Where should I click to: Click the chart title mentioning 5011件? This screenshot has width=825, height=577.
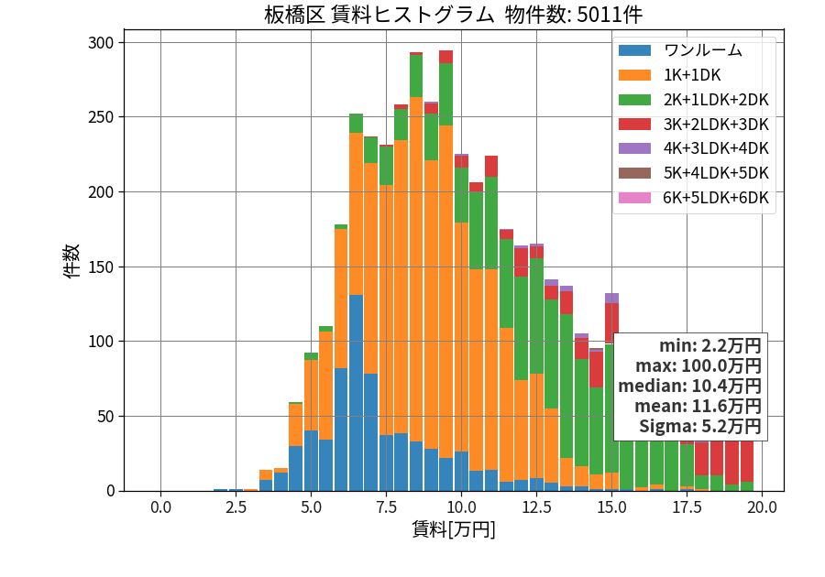[453, 15]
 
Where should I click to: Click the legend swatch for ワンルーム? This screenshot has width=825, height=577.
[634, 50]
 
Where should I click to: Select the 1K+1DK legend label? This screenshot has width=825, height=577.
[692, 75]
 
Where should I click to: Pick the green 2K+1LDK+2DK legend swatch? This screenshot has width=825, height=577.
[634, 100]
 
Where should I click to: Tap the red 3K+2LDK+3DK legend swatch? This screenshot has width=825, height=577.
[634, 124]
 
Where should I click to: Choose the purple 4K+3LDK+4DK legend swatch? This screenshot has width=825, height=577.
[634, 148]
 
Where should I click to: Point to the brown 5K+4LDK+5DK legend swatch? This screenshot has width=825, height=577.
[634, 173]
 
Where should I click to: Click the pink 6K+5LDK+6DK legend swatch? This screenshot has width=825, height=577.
[634, 198]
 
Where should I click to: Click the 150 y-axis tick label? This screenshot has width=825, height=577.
[101, 267]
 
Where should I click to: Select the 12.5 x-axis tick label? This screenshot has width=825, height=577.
[536, 507]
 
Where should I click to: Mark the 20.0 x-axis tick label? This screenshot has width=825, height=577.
[762, 507]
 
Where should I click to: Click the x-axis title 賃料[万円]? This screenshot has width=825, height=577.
[454, 529]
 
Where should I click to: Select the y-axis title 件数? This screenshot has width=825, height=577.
[71, 261]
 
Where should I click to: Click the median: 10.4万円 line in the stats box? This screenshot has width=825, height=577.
[689, 386]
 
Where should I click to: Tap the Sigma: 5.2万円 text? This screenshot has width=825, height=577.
[700, 426]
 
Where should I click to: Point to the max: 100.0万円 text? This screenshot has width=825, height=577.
[698, 365]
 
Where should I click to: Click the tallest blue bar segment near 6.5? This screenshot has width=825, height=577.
[357, 393]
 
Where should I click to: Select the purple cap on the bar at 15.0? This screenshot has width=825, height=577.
[612, 299]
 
